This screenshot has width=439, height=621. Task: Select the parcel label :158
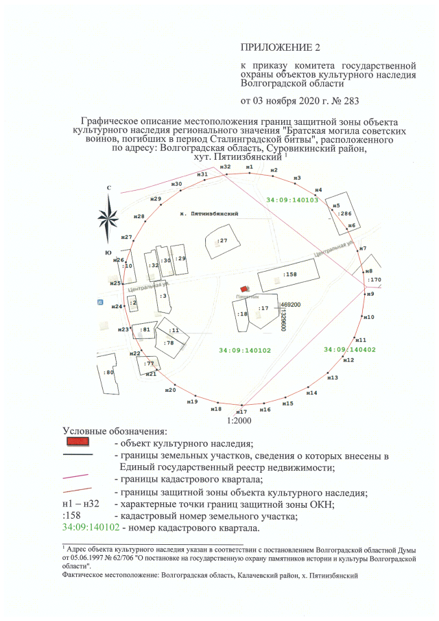pos(289,274)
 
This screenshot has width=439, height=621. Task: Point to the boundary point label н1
pos(249,167)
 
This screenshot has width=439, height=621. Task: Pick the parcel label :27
pos(222,241)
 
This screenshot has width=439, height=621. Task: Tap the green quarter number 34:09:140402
pos(350,349)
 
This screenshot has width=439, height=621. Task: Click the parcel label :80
pos(108,372)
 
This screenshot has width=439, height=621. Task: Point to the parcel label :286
pos(345,214)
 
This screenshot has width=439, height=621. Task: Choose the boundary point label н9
pos(370,294)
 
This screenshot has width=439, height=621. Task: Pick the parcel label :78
pos(169,342)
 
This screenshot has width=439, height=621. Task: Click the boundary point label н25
pos(115,283)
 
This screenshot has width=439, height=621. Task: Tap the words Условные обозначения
pos(115,431)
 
